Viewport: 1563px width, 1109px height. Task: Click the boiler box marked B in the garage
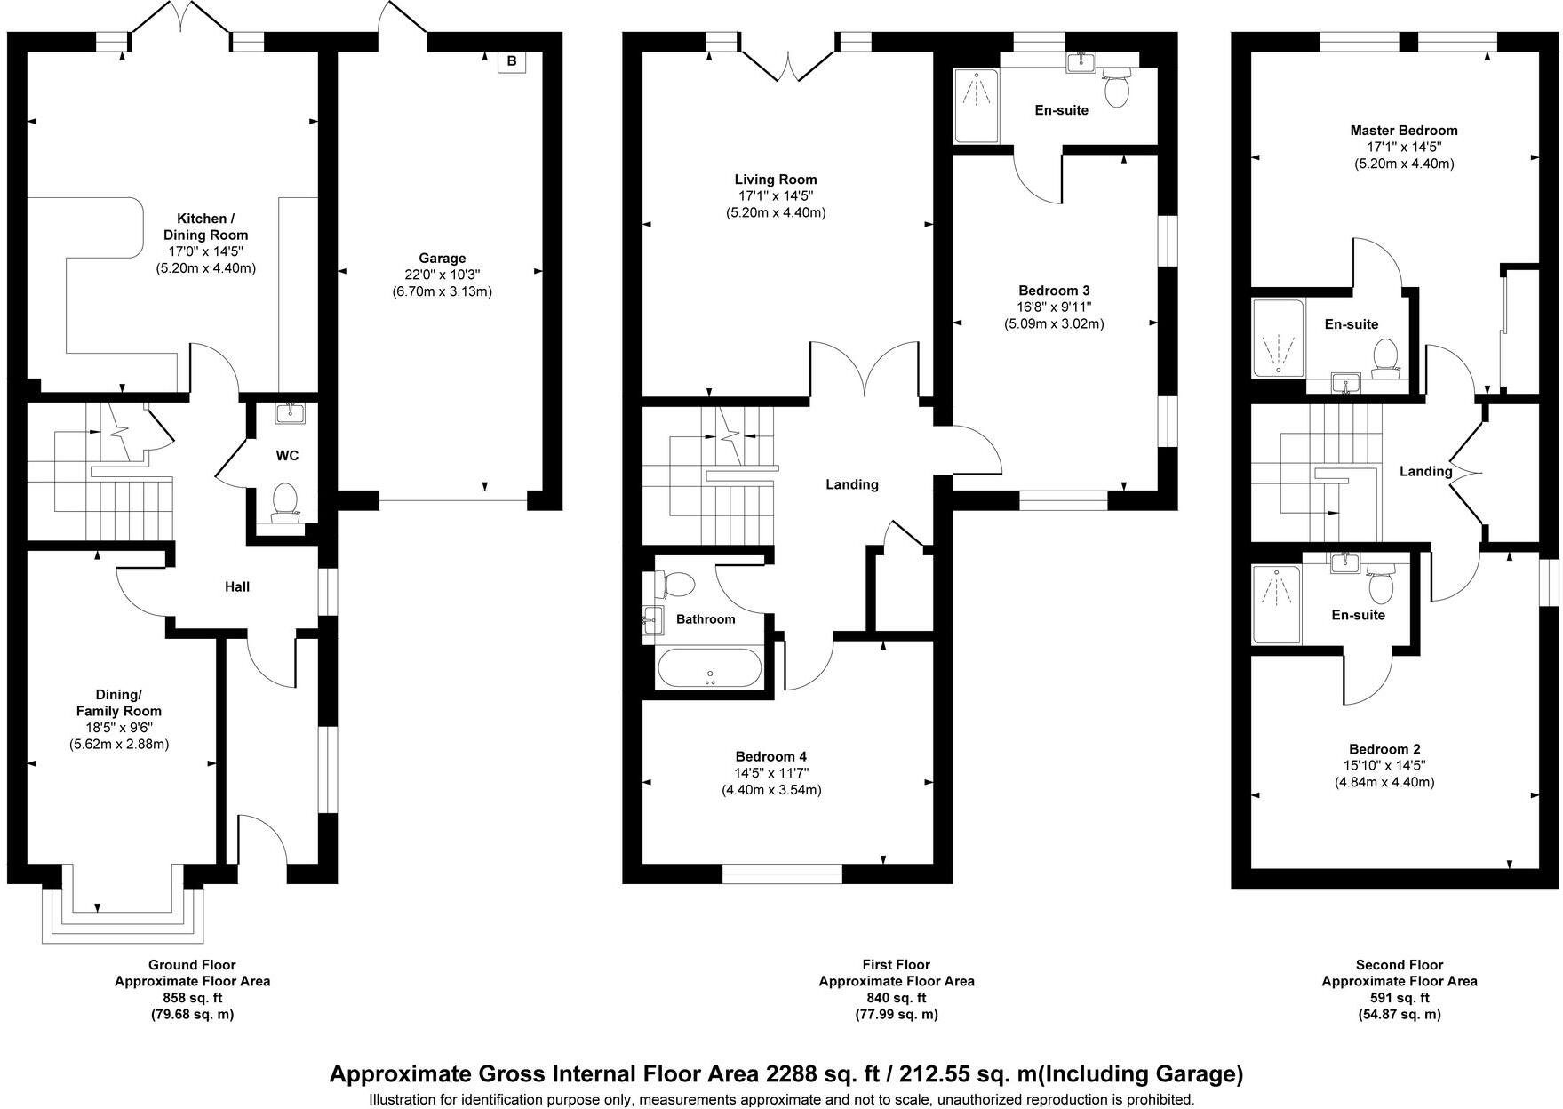[511, 61]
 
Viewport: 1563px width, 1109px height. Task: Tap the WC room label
[287, 456]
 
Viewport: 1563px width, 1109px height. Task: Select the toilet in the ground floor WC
[284, 500]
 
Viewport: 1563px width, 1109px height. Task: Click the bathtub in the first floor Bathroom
[708, 668]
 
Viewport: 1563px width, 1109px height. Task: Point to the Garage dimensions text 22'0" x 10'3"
[442, 275]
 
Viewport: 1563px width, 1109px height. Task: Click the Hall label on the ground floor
[237, 586]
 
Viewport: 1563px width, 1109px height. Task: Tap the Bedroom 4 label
[770, 756]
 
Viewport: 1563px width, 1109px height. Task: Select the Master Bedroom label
[1403, 131]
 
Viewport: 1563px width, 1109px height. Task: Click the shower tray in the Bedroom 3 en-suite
[977, 107]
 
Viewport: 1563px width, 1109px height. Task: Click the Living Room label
[776, 180]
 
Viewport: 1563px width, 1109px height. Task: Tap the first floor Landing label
[851, 484]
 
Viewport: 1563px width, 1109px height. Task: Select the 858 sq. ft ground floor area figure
[192, 998]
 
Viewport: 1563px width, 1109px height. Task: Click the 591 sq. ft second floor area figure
[1399, 998]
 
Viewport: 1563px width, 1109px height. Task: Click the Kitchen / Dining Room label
[206, 227]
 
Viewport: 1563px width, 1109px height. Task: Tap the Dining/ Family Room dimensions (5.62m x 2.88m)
[119, 744]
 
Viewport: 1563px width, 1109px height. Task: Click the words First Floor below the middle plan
[896, 964]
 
